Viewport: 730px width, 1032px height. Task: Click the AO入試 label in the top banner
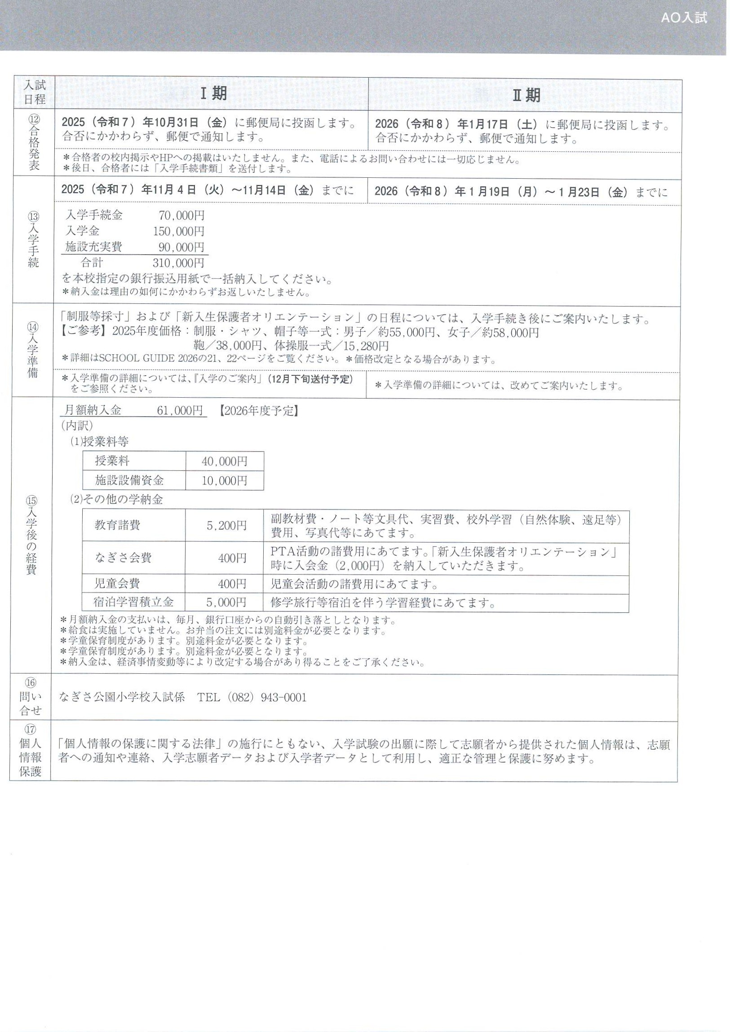(x=684, y=18)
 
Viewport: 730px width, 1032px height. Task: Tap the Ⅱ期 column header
(x=526, y=95)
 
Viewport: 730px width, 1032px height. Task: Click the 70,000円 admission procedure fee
(x=181, y=216)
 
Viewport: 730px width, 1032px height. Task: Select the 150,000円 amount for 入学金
(x=178, y=232)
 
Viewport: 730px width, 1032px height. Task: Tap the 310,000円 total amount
(x=178, y=263)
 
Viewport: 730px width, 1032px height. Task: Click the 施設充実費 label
(x=93, y=247)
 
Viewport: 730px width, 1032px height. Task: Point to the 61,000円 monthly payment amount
(x=180, y=410)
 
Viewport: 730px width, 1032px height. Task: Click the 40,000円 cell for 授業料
(x=224, y=461)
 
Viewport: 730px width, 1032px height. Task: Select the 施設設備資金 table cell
(x=129, y=480)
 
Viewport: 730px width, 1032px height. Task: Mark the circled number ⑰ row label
(x=31, y=729)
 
